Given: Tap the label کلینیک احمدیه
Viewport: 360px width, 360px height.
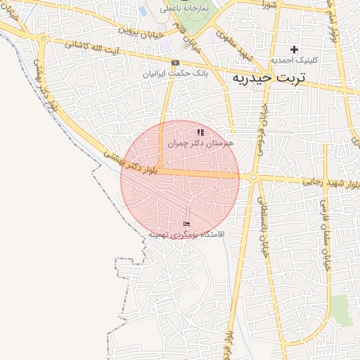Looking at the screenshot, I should (295, 60).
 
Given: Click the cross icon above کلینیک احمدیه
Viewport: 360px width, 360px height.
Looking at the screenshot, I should (295, 49).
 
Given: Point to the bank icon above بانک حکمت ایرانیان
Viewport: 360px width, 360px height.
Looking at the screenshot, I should (175, 63).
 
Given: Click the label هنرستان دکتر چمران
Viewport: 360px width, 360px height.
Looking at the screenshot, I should (200, 142).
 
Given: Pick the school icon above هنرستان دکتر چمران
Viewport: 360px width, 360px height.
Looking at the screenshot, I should (200, 131).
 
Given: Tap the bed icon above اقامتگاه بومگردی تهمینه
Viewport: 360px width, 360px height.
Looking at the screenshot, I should (186, 224).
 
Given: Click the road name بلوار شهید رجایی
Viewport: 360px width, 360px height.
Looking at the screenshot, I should (332, 183).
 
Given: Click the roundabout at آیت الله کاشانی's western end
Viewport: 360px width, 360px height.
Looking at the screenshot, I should (44, 38).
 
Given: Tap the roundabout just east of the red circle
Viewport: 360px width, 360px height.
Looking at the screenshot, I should (253, 179).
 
